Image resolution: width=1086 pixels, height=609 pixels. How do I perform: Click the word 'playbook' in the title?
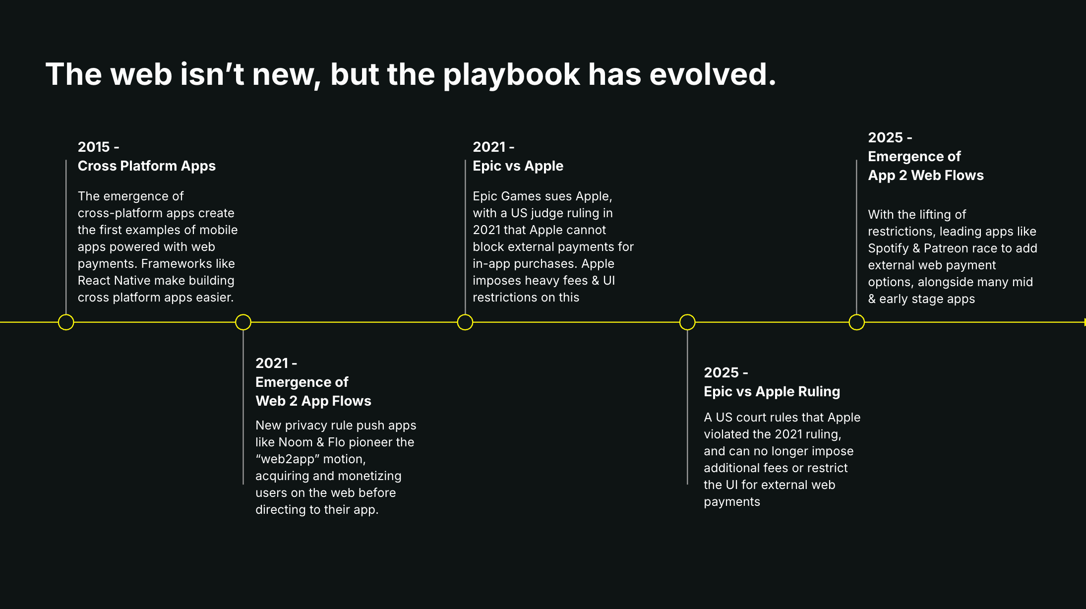point(511,75)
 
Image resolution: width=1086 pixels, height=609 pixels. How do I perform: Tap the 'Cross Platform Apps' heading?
point(147,166)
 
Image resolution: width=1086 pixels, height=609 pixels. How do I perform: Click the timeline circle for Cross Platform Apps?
point(66,322)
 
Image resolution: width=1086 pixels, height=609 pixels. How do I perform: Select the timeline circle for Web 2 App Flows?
point(243,322)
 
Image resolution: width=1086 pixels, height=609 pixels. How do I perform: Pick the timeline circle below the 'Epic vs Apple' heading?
point(465,322)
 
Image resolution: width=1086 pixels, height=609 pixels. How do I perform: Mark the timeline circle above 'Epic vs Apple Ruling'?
point(687,322)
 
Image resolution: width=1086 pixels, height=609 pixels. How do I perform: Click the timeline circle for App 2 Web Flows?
point(857,322)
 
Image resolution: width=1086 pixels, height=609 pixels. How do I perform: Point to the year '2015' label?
point(94,147)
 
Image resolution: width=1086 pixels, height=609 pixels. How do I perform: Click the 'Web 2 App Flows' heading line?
point(313,401)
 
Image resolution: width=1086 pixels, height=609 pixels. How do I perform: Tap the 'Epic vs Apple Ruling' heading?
point(772,392)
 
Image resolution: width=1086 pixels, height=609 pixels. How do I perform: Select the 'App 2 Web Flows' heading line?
point(926,176)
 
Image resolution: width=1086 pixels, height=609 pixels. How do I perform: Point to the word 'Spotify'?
point(888,248)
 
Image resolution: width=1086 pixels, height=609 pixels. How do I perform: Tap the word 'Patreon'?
point(946,248)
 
